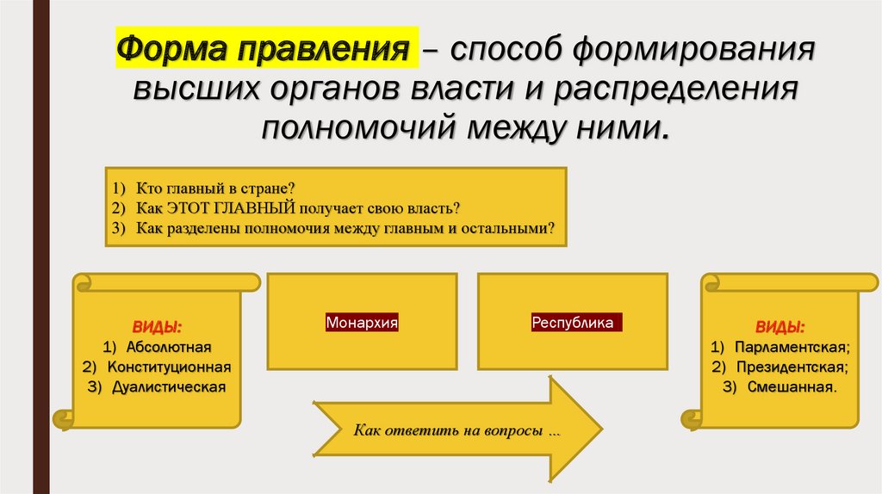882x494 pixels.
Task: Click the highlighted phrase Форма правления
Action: pos(266,49)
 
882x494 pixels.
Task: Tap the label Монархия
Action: pos(362,324)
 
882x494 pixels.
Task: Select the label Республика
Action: pos(572,324)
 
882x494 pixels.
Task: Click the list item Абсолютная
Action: pos(168,347)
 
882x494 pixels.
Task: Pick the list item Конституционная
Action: pos(170,367)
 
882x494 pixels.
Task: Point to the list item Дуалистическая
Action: pos(169,386)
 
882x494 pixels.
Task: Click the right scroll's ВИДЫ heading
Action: pos(780,328)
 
